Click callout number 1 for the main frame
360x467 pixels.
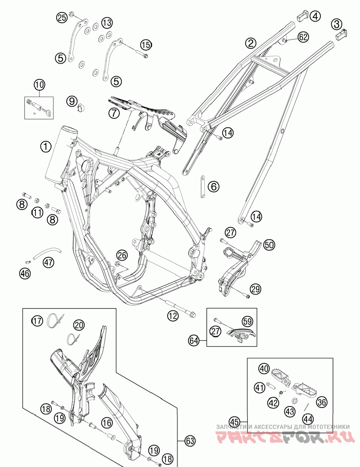46,147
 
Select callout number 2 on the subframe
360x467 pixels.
251,43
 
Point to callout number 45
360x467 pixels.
235,422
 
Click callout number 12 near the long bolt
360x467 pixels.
173,316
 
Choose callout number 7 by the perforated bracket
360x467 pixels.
114,112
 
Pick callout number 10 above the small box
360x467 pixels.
39,85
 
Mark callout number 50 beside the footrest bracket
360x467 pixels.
269,244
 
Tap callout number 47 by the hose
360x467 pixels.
48,263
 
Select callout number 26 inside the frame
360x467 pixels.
122,255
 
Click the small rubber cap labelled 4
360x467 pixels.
302,13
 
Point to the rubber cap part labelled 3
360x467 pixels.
341,33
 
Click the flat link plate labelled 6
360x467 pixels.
203,186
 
